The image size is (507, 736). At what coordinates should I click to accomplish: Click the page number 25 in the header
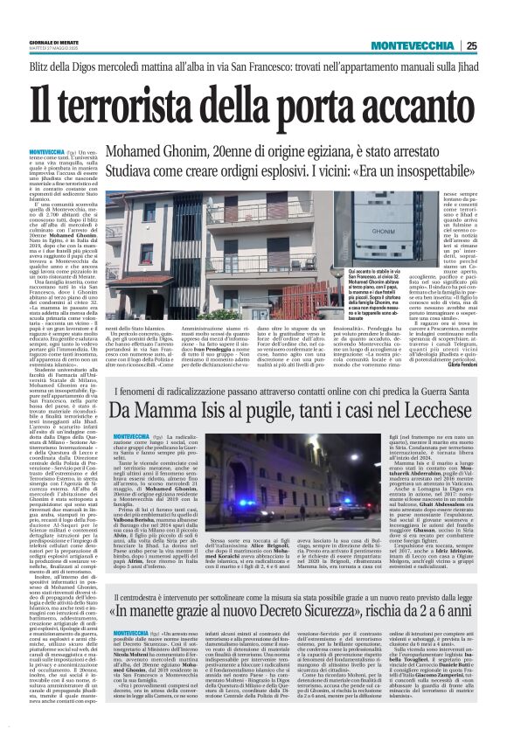click(x=471, y=45)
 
